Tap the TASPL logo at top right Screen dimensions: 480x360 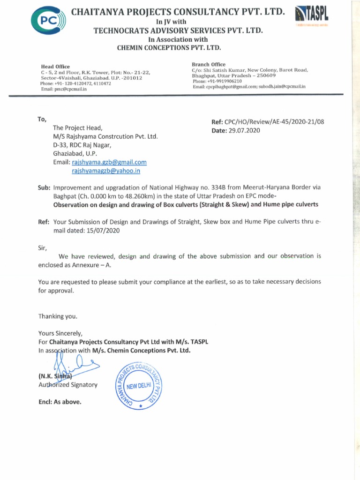point(310,17)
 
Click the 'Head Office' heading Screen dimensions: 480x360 point(56,67)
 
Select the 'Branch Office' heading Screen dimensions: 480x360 point(209,64)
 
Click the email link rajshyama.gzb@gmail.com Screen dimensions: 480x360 point(109,162)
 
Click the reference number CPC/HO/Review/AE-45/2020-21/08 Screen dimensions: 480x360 point(275,122)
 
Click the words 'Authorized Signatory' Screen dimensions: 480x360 point(68,385)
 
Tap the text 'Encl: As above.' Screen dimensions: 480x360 point(60,402)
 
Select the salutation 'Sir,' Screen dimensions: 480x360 point(43,247)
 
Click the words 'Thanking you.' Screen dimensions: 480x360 point(58,316)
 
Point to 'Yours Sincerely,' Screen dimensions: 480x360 point(60,334)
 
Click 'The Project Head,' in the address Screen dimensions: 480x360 point(77,128)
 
